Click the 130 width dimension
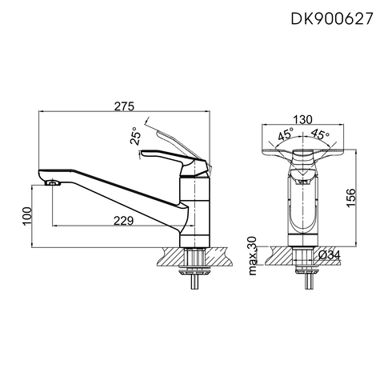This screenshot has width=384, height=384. pos(303,119)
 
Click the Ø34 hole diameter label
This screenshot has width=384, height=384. pos(330,255)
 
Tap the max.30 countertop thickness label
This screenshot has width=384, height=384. pos(253,254)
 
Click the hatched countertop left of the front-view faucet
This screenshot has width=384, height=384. pos(276,254)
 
